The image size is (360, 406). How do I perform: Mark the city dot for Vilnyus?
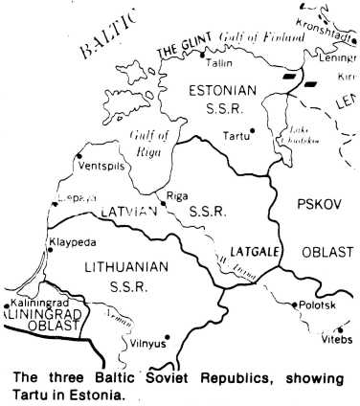pos(168,336)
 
